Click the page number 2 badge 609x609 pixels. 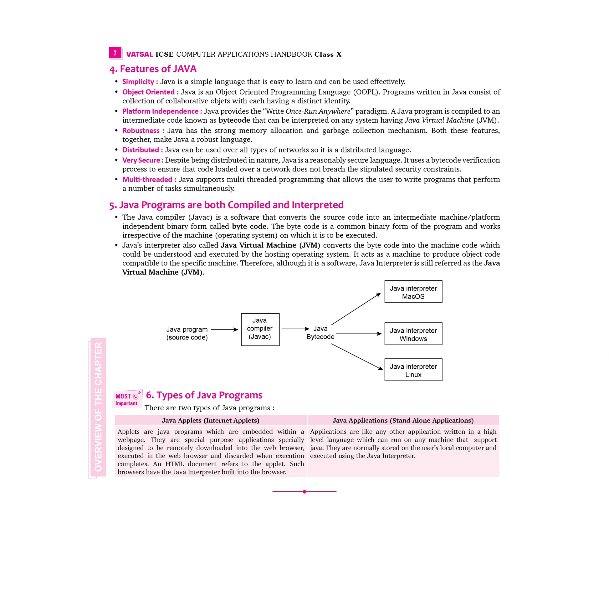coord(115,53)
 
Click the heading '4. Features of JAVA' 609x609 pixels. coord(153,69)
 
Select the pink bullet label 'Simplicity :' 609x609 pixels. coord(140,82)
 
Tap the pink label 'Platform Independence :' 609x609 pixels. coord(162,111)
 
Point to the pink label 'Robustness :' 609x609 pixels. coord(143,130)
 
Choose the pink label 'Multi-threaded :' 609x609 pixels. coord(149,179)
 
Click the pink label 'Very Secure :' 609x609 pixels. coord(143,160)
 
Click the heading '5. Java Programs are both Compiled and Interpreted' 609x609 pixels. coord(226,205)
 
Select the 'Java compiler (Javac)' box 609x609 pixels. coord(260,330)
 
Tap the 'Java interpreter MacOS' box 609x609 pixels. coord(413,292)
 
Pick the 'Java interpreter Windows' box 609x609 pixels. coord(413,334)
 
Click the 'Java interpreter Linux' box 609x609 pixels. coord(413,370)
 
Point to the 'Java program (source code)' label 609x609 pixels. coord(187,333)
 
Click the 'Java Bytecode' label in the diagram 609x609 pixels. coord(320,333)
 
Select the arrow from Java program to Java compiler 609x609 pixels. coord(224,330)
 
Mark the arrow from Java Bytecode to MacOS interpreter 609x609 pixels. coord(356,309)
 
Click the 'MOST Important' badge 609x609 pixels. coord(127,399)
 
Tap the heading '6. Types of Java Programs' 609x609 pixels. coord(204,395)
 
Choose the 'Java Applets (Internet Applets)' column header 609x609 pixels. coord(211,420)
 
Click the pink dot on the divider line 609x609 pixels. coord(304,492)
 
